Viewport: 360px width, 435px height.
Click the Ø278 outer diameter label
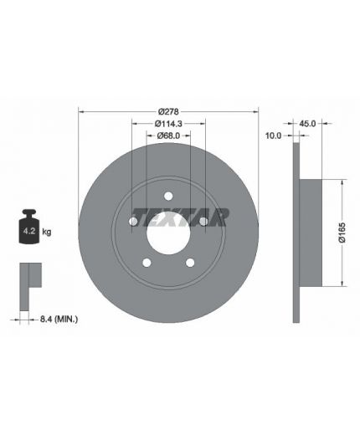168,112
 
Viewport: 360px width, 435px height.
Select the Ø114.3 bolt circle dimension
168,124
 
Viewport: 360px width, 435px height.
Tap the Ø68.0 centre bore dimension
168,136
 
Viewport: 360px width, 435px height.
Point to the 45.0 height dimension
307,124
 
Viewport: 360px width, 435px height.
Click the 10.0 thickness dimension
273,136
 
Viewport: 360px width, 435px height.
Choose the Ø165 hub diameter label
342,233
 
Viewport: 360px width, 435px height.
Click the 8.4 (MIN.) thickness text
59,319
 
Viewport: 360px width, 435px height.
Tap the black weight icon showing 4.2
29,226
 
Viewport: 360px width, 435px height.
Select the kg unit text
47,232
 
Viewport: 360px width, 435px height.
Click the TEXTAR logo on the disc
180,217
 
